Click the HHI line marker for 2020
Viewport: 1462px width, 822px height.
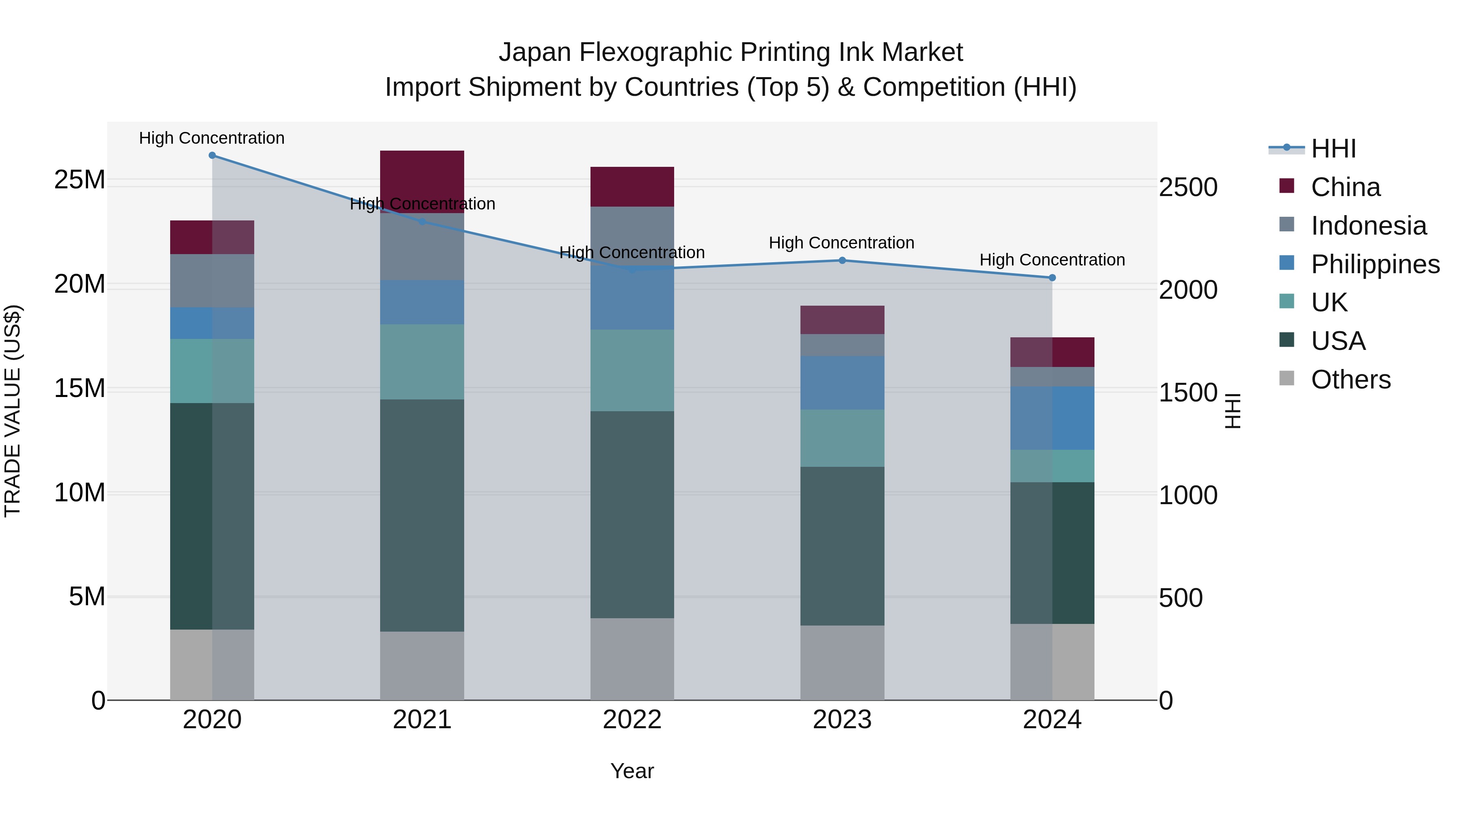(x=212, y=155)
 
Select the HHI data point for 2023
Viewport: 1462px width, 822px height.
(x=842, y=260)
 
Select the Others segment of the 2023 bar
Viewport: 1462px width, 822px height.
(x=842, y=662)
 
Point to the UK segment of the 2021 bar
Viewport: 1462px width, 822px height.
(x=422, y=362)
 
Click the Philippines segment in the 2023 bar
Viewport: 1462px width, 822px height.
(x=842, y=383)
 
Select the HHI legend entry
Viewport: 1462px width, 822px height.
(x=1333, y=149)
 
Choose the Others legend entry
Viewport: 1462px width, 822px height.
(x=1350, y=380)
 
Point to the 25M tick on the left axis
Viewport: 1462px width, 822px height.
(x=80, y=180)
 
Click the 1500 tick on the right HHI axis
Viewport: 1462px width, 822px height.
(x=1188, y=393)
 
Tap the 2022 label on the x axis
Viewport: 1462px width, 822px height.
(x=632, y=720)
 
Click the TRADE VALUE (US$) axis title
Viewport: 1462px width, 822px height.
(x=13, y=411)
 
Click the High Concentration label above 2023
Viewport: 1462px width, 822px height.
(x=842, y=243)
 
